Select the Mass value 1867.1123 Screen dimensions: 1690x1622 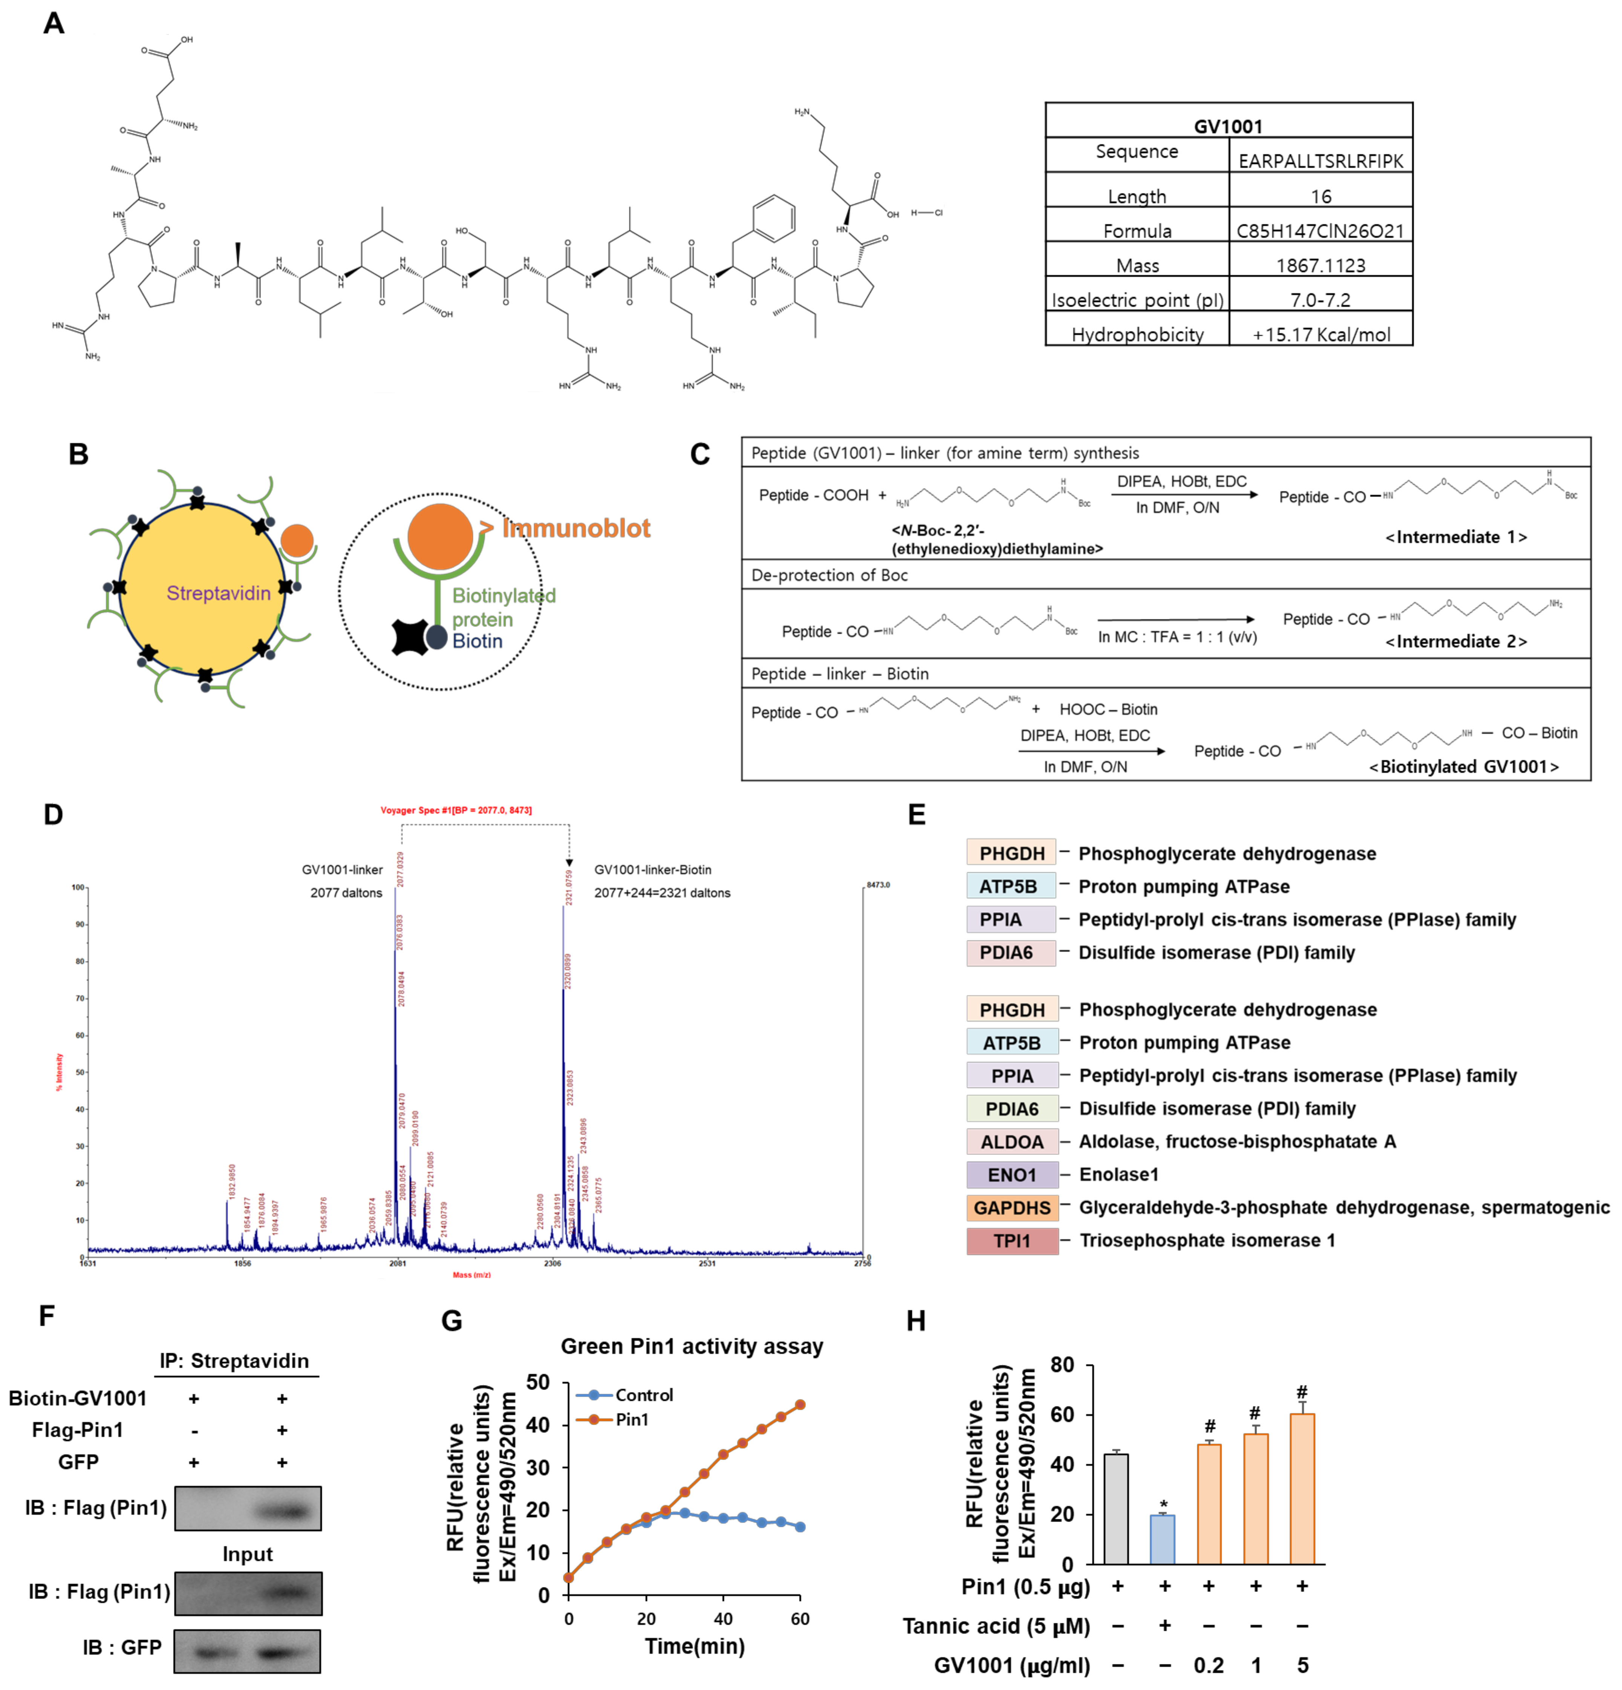tap(1320, 266)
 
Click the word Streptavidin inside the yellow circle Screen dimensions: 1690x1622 tap(218, 593)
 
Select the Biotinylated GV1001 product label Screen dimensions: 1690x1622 tap(1463, 767)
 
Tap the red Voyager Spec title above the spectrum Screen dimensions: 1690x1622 tap(456, 810)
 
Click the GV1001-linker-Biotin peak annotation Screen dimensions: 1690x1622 tap(653, 870)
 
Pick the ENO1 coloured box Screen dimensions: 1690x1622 tap(1011, 1174)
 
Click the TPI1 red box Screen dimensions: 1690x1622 tap(1011, 1241)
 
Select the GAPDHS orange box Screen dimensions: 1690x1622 tap(1011, 1208)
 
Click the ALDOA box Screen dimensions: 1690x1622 tap(1011, 1142)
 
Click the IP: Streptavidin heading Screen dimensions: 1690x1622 tap(234, 1361)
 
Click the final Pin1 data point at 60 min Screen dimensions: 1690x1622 tap(800, 1405)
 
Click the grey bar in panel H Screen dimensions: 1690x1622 tap(1116, 1509)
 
